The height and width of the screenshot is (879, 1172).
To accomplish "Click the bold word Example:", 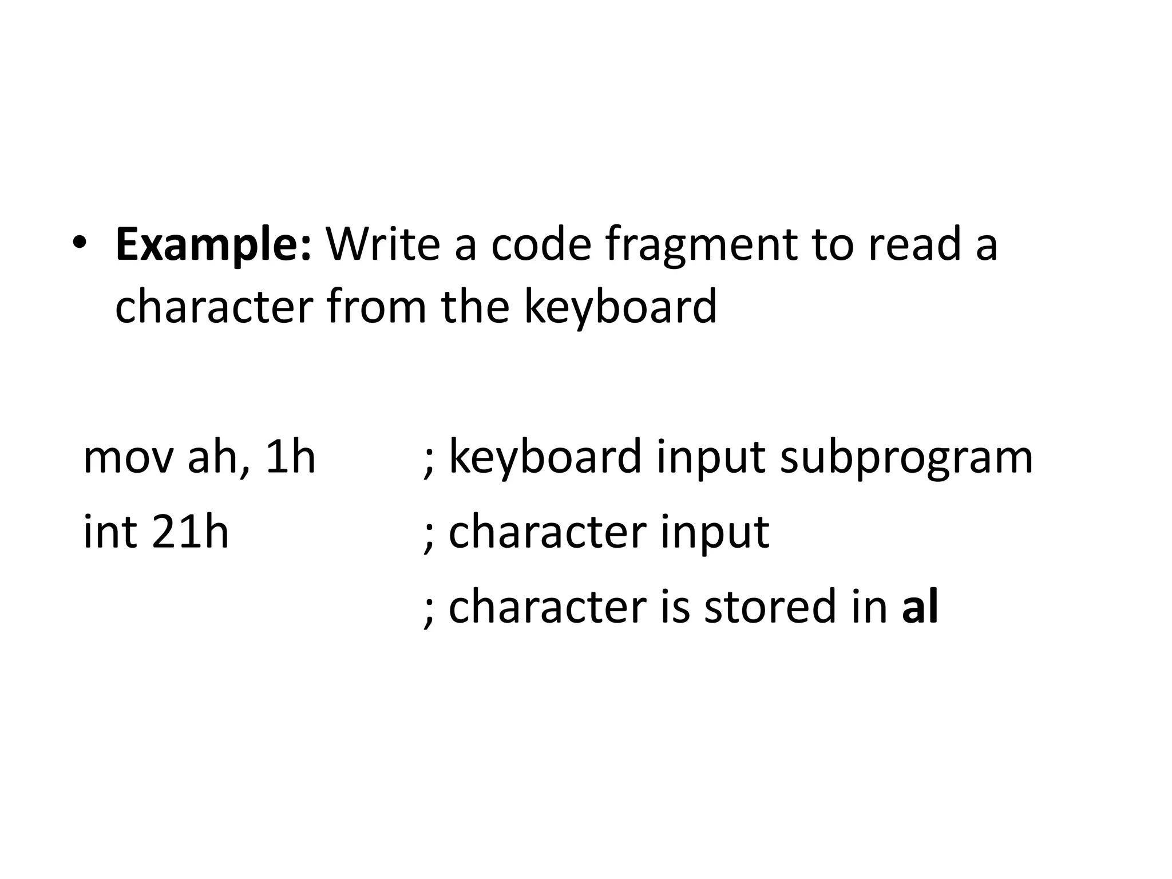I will (213, 245).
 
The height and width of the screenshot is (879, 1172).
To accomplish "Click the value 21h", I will (191, 532).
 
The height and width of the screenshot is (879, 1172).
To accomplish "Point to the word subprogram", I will (906, 458).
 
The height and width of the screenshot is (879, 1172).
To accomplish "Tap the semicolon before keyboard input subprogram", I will (429, 461).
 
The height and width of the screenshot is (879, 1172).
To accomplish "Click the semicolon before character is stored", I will (429, 611).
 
